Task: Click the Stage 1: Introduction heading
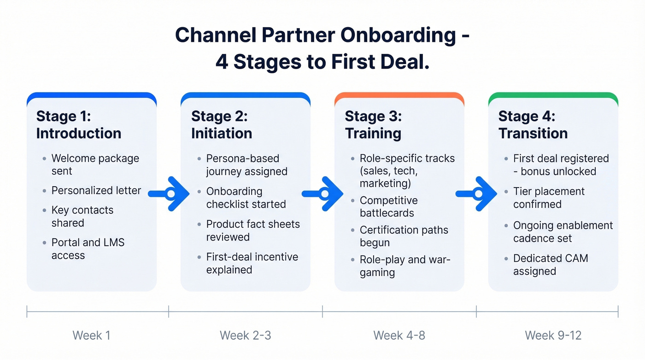(78, 124)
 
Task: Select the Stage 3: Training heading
(373, 124)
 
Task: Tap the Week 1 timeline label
(91, 335)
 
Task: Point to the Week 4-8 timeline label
(399, 335)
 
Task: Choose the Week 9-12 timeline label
(553, 335)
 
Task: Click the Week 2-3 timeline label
(245, 335)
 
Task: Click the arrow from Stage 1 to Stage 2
(169, 194)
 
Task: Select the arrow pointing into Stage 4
(477, 194)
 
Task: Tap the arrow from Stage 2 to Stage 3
(323, 194)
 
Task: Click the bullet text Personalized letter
(96, 190)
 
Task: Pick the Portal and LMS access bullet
(88, 249)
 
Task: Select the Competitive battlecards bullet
(388, 207)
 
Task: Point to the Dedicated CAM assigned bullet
(550, 265)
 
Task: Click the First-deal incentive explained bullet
(252, 263)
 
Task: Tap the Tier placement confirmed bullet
(548, 198)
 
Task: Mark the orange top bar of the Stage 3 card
(399, 96)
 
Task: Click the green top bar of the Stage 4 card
(553, 96)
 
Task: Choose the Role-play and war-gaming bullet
(405, 266)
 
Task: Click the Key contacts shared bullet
(82, 217)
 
